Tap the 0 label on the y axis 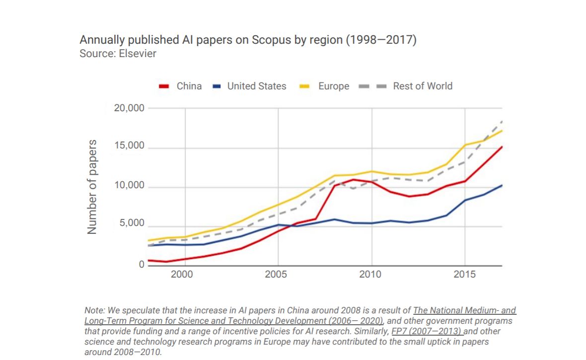141,265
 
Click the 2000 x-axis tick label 185,275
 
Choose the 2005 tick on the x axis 278,275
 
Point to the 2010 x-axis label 371,275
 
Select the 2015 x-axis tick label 464,275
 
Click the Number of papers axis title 92,187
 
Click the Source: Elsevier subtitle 118,53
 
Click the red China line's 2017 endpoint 502,147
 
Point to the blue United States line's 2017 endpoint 502,186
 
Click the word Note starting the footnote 94,310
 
